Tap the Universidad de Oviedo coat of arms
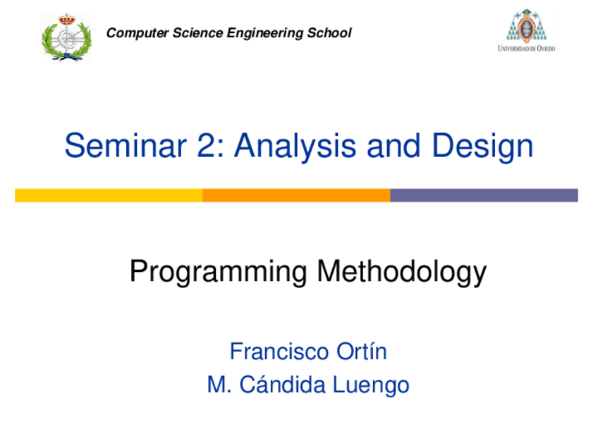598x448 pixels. [x=526, y=26]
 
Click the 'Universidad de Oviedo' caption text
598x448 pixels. [x=526, y=49]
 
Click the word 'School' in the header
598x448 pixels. [x=329, y=33]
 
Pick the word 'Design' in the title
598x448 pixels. [x=482, y=147]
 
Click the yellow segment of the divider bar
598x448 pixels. [x=109, y=195]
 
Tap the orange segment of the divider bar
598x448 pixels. [x=296, y=195]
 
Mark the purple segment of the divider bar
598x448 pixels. [x=484, y=195]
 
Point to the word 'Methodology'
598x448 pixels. [x=401, y=272]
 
